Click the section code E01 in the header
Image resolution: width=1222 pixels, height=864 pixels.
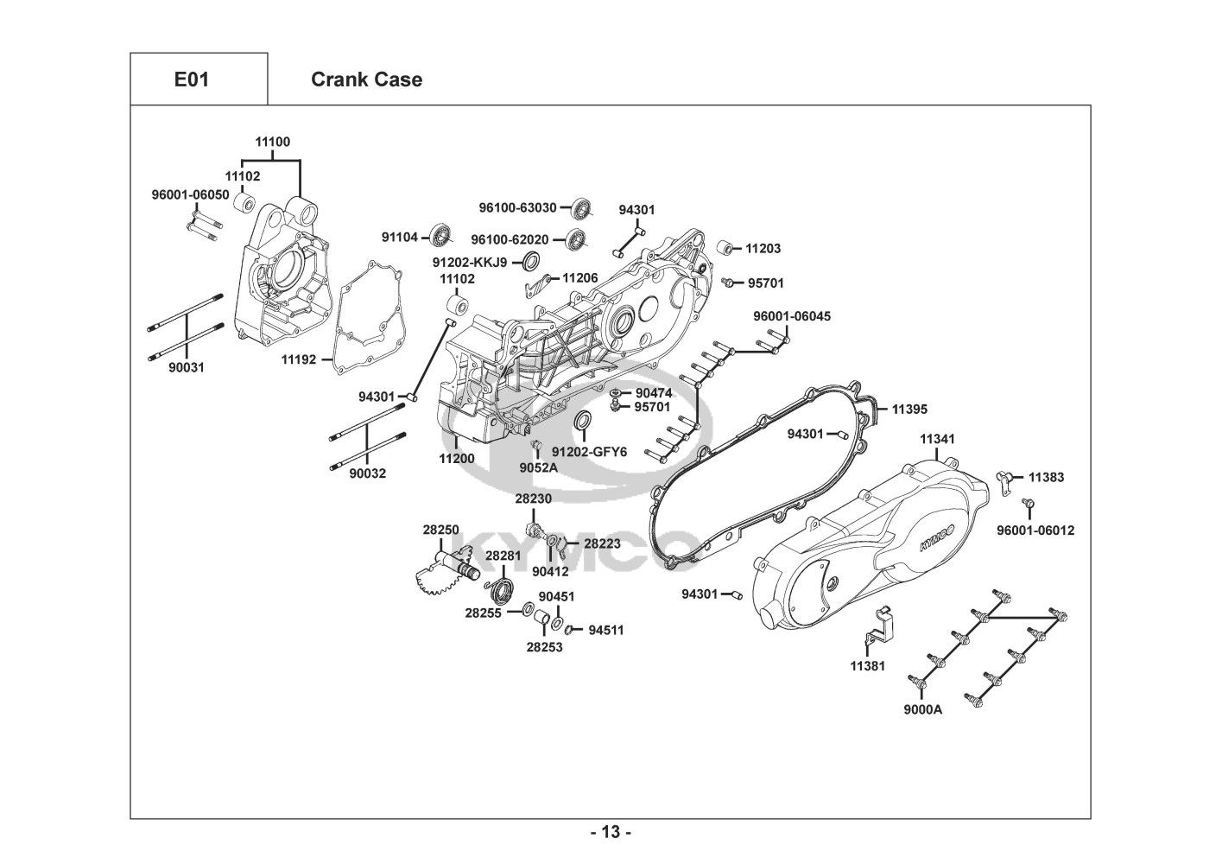tap(191, 79)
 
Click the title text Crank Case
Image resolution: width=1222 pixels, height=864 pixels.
tap(366, 79)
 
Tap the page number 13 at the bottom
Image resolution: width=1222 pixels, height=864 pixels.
tap(611, 833)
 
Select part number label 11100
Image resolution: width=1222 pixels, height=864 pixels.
tap(272, 143)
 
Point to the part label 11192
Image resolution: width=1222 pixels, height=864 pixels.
tap(298, 359)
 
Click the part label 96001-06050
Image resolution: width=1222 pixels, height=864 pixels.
tap(191, 194)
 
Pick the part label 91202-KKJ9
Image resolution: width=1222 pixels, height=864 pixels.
tap(470, 262)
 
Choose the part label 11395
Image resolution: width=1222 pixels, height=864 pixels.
tap(909, 409)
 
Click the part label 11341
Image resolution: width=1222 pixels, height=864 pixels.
tap(937, 439)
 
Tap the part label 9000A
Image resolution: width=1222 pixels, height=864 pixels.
tap(922, 710)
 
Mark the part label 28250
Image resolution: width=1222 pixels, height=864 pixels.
tap(440, 530)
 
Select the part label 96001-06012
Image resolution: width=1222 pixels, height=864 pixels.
tap(1035, 530)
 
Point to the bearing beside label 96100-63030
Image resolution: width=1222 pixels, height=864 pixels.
tap(583, 208)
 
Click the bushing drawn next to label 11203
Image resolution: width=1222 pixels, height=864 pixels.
tap(727, 248)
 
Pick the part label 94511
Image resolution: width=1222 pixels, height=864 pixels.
tap(605, 631)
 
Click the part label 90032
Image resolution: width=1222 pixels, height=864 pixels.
tap(367, 473)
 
